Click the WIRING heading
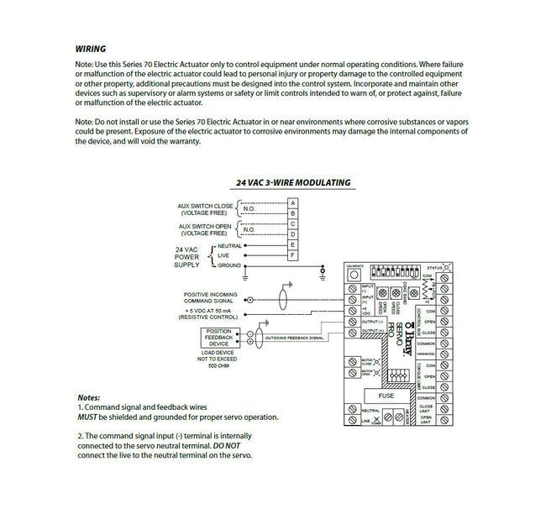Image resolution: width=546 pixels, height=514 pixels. tap(92, 49)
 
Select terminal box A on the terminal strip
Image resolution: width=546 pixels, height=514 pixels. tap(292, 202)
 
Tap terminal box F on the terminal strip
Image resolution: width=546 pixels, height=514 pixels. tap(292, 254)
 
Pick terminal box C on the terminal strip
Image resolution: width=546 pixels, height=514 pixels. tap(292, 223)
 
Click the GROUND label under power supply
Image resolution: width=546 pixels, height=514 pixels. tap(229, 265)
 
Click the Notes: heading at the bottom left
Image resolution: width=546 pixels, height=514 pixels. tap(88, 397)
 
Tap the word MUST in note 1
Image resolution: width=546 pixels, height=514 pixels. tap(88, 417)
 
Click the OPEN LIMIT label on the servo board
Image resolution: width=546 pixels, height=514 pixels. tap(426, 419)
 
